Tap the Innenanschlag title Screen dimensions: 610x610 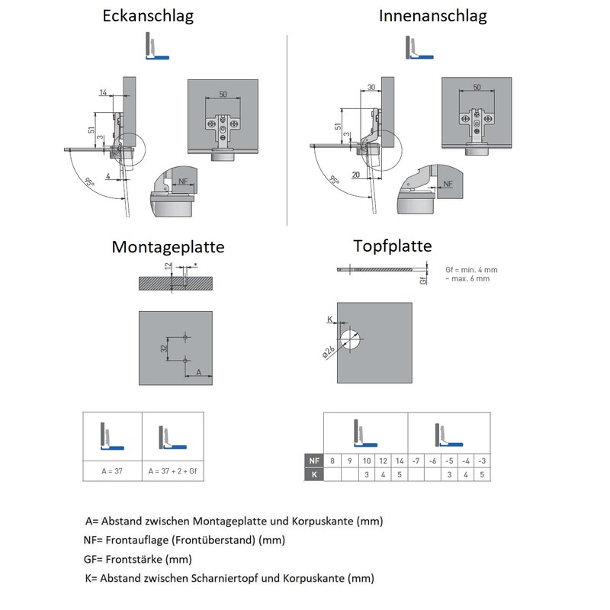(x=432, y=16)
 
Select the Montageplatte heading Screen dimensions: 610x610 (x=168, y=247)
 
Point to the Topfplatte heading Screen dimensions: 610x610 (x=393, y=246)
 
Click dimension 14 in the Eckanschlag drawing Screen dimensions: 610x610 (x=103, y=92)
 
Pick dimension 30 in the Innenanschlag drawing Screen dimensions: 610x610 (x=371, y=88)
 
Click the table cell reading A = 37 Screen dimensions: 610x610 (x=113, y=470)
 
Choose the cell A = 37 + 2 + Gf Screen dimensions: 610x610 (x=173, y=470)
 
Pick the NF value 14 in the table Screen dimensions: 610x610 (x=400, y=461)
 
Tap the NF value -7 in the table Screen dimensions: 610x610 (x=416, y=461)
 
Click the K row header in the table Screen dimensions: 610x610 (x=313, y=474)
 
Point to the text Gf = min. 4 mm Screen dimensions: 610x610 (x=471, y=269)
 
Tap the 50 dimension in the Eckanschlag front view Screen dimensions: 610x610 (x=223, y=94)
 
